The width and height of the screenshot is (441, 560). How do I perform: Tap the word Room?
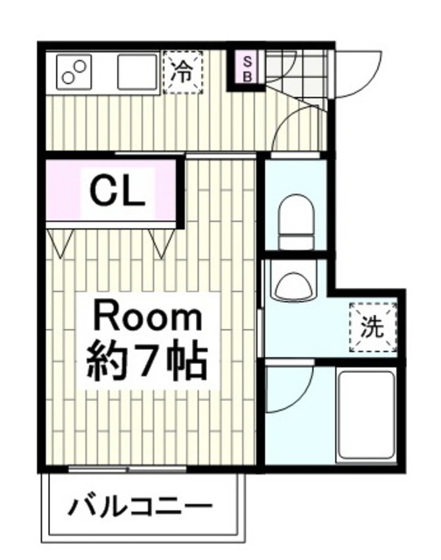tap(148, 316)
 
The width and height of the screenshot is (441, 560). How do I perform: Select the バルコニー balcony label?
tap(140, 507)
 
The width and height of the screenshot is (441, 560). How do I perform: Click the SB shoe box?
tap(248, 69)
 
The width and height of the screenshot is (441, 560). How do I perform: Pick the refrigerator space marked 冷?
tap(183, 73)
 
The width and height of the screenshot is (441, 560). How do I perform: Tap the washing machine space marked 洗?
tap(373, 327)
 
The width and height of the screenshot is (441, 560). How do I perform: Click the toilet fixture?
tap(297, 221)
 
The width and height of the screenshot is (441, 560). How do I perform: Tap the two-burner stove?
tap(74, 73)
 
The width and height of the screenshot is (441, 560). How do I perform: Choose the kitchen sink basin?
tap(137, 72)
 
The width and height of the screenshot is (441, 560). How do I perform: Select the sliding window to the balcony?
tap(127, 469)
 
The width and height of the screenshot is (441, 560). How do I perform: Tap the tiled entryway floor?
tap(297, 75)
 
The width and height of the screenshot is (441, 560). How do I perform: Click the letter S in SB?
tap(247, 61)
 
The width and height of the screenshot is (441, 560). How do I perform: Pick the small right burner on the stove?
tap(81, 66)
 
